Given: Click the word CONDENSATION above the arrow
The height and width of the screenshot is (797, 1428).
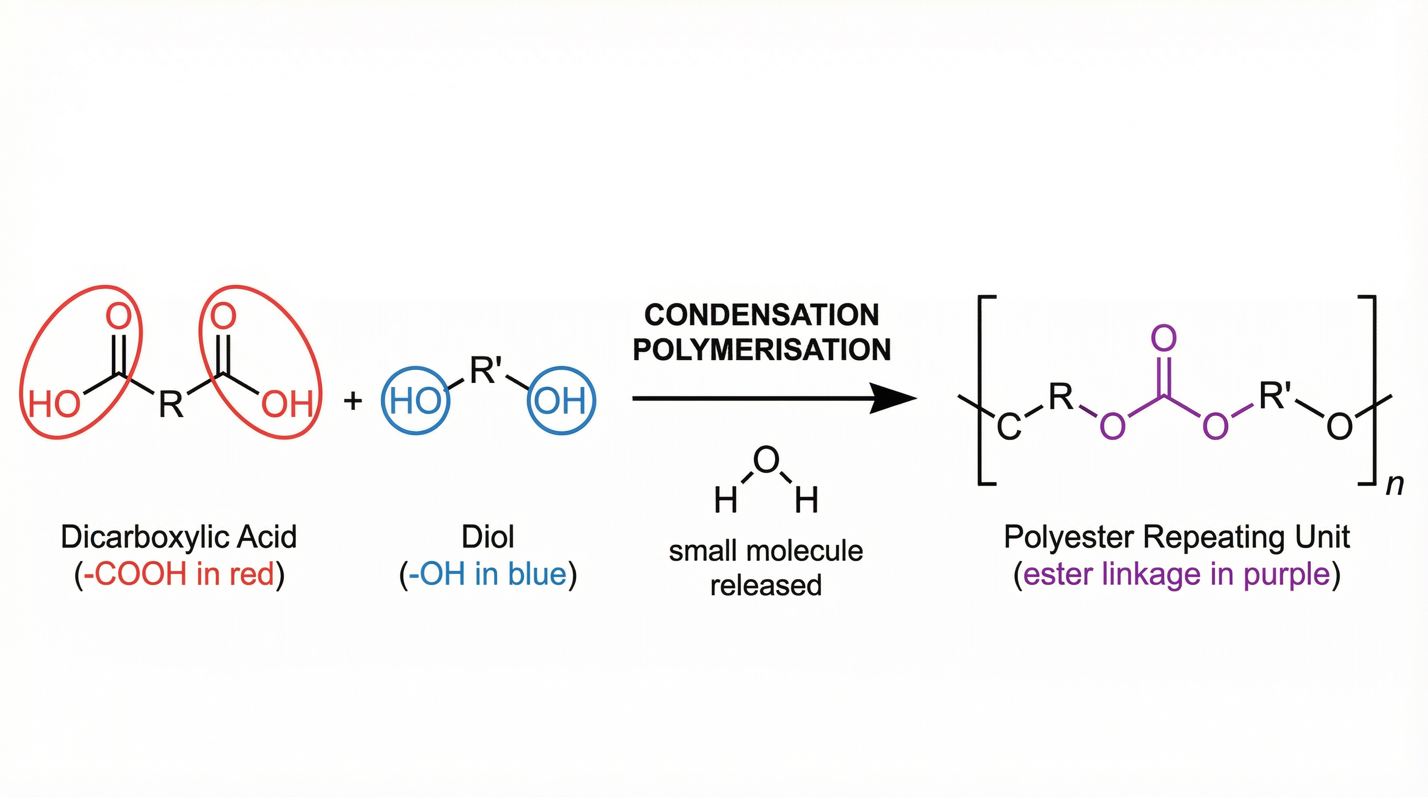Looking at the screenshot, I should click(762, 315).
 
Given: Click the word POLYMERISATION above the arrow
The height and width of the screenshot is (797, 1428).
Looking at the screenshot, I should click(762, 350).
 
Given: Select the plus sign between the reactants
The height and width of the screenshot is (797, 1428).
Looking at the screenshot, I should click(353, 400).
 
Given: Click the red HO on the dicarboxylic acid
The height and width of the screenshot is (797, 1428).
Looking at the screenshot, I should click(54, 404).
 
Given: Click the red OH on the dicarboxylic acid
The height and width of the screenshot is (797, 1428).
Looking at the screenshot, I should click(287, 404).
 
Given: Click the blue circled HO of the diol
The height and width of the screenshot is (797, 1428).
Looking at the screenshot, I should click(415, 400).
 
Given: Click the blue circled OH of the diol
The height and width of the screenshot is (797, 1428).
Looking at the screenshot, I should click(560, 400).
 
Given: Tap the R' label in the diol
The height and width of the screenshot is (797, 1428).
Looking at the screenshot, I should click(486, 370).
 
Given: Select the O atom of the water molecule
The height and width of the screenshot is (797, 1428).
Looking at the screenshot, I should click(766, 459).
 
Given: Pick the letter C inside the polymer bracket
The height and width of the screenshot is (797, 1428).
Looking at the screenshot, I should click(1009, 428).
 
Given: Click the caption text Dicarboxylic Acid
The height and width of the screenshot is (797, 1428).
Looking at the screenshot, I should click(179, 537).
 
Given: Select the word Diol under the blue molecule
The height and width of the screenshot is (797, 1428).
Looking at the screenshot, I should click(488, 537).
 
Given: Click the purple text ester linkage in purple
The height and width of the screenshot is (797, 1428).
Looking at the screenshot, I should click(1176, 574).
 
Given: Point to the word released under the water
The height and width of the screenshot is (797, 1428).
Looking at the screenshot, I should click(765, 585).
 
